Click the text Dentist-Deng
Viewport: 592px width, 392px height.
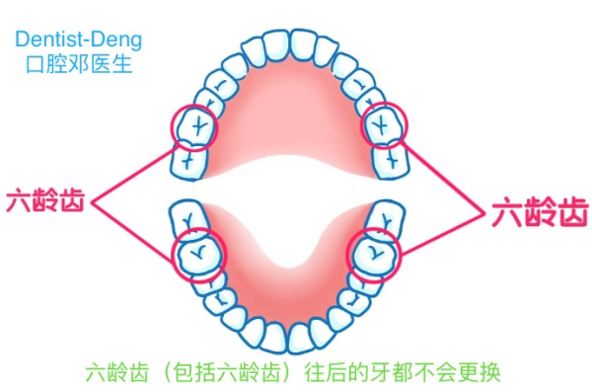point(78,40)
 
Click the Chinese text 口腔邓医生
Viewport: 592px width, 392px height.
point(78,65)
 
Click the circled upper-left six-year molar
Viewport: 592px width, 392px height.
point(191,125)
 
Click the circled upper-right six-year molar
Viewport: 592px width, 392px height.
point(384,124)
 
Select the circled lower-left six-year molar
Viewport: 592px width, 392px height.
point(193,255)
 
